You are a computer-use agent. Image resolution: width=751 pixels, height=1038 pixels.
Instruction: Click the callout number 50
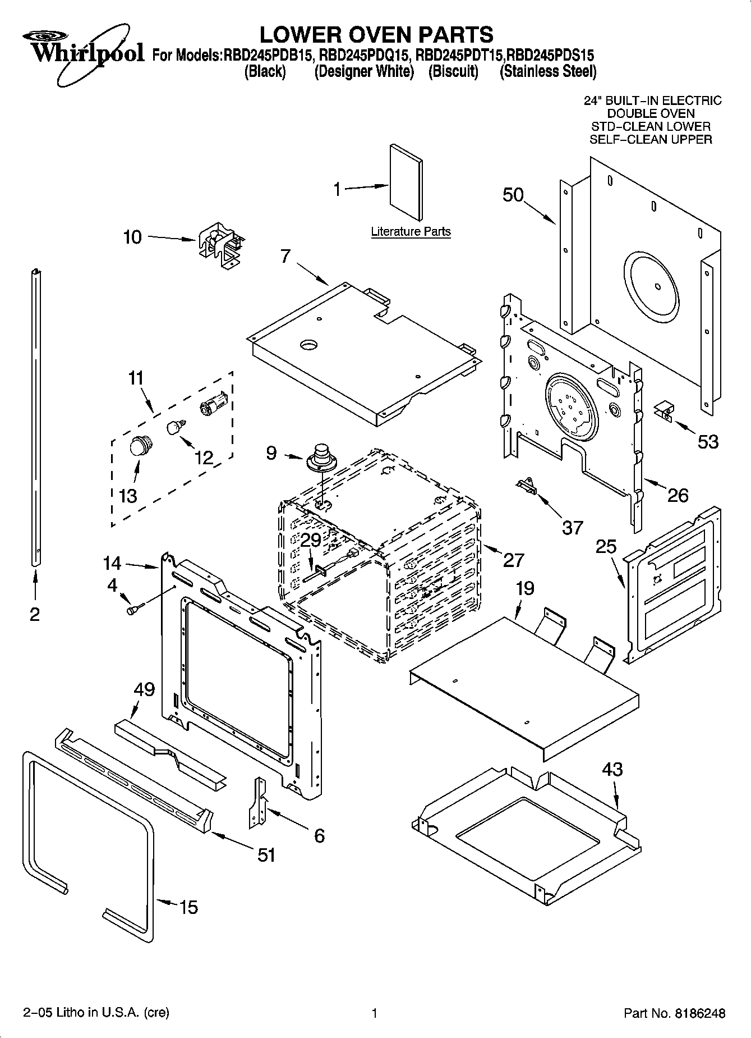513,195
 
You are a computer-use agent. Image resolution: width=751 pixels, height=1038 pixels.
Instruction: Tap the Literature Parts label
411,231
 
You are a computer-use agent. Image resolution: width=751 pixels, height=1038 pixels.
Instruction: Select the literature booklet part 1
407,182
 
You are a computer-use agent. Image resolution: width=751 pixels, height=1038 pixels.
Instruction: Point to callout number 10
132,237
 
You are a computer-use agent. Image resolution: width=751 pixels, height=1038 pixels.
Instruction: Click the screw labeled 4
135,608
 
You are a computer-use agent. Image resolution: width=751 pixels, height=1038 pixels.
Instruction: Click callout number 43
612,769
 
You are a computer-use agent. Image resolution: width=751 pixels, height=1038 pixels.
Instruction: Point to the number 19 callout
525,588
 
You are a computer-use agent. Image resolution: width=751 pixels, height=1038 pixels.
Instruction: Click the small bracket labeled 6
259,802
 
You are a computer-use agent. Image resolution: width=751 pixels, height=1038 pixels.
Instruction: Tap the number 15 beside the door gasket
188,907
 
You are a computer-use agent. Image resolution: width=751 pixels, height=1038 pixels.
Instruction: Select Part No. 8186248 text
675,1013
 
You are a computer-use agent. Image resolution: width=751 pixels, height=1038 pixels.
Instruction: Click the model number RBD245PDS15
550,55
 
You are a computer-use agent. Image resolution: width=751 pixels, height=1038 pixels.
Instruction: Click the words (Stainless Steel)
548,71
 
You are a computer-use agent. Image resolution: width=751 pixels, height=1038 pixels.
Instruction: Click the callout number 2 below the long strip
35,614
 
